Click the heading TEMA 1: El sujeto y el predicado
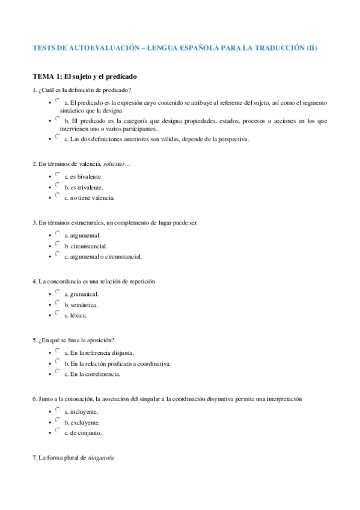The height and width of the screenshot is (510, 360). [85, 76]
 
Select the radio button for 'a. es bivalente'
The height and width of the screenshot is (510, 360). [57, 175]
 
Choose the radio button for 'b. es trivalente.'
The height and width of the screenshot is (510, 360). [57, 186]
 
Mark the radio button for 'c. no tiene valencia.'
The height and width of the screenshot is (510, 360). [57, 196]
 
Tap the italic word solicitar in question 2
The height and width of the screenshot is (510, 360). [114, 164]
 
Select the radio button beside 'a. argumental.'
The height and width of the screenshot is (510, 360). [57, 234]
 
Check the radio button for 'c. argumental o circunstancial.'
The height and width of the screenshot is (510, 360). [57, 255]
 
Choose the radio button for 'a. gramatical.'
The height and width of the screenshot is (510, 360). [57, 293]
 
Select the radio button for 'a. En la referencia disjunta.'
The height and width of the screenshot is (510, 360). [57, 351]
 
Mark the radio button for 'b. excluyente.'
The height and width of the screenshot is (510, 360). [57, 421]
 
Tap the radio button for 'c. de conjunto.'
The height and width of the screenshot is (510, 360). [57, 431]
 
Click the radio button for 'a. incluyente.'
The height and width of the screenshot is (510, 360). [57, 410]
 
